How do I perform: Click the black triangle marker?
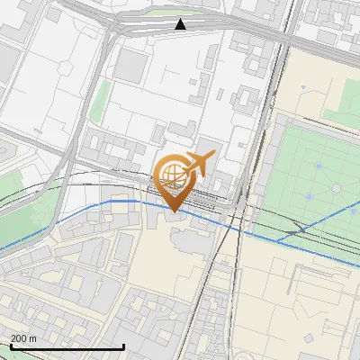(181, 24)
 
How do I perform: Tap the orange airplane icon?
(200, 163)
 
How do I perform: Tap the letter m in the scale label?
(34, 338)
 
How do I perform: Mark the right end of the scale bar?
(123, 346)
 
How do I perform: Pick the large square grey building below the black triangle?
(131, 66)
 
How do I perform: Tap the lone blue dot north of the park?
(304, 87)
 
